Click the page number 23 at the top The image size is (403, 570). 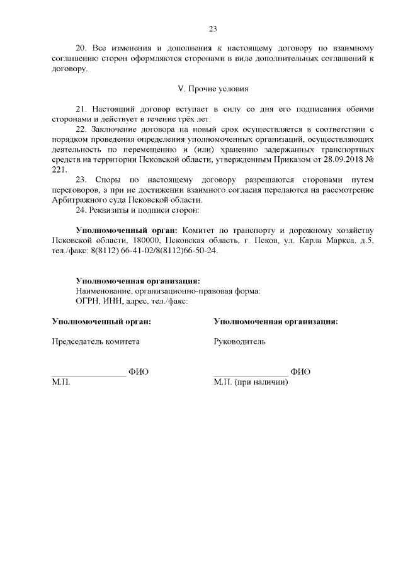212,28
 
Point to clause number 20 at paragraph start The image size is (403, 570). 81,48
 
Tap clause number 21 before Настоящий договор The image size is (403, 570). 81,109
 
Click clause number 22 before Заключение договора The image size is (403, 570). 81,129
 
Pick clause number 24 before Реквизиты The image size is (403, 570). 81,210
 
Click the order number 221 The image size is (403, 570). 58,169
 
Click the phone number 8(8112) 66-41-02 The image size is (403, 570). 117,250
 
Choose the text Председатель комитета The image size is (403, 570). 96,341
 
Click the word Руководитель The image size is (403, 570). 239,341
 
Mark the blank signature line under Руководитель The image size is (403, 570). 251,375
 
